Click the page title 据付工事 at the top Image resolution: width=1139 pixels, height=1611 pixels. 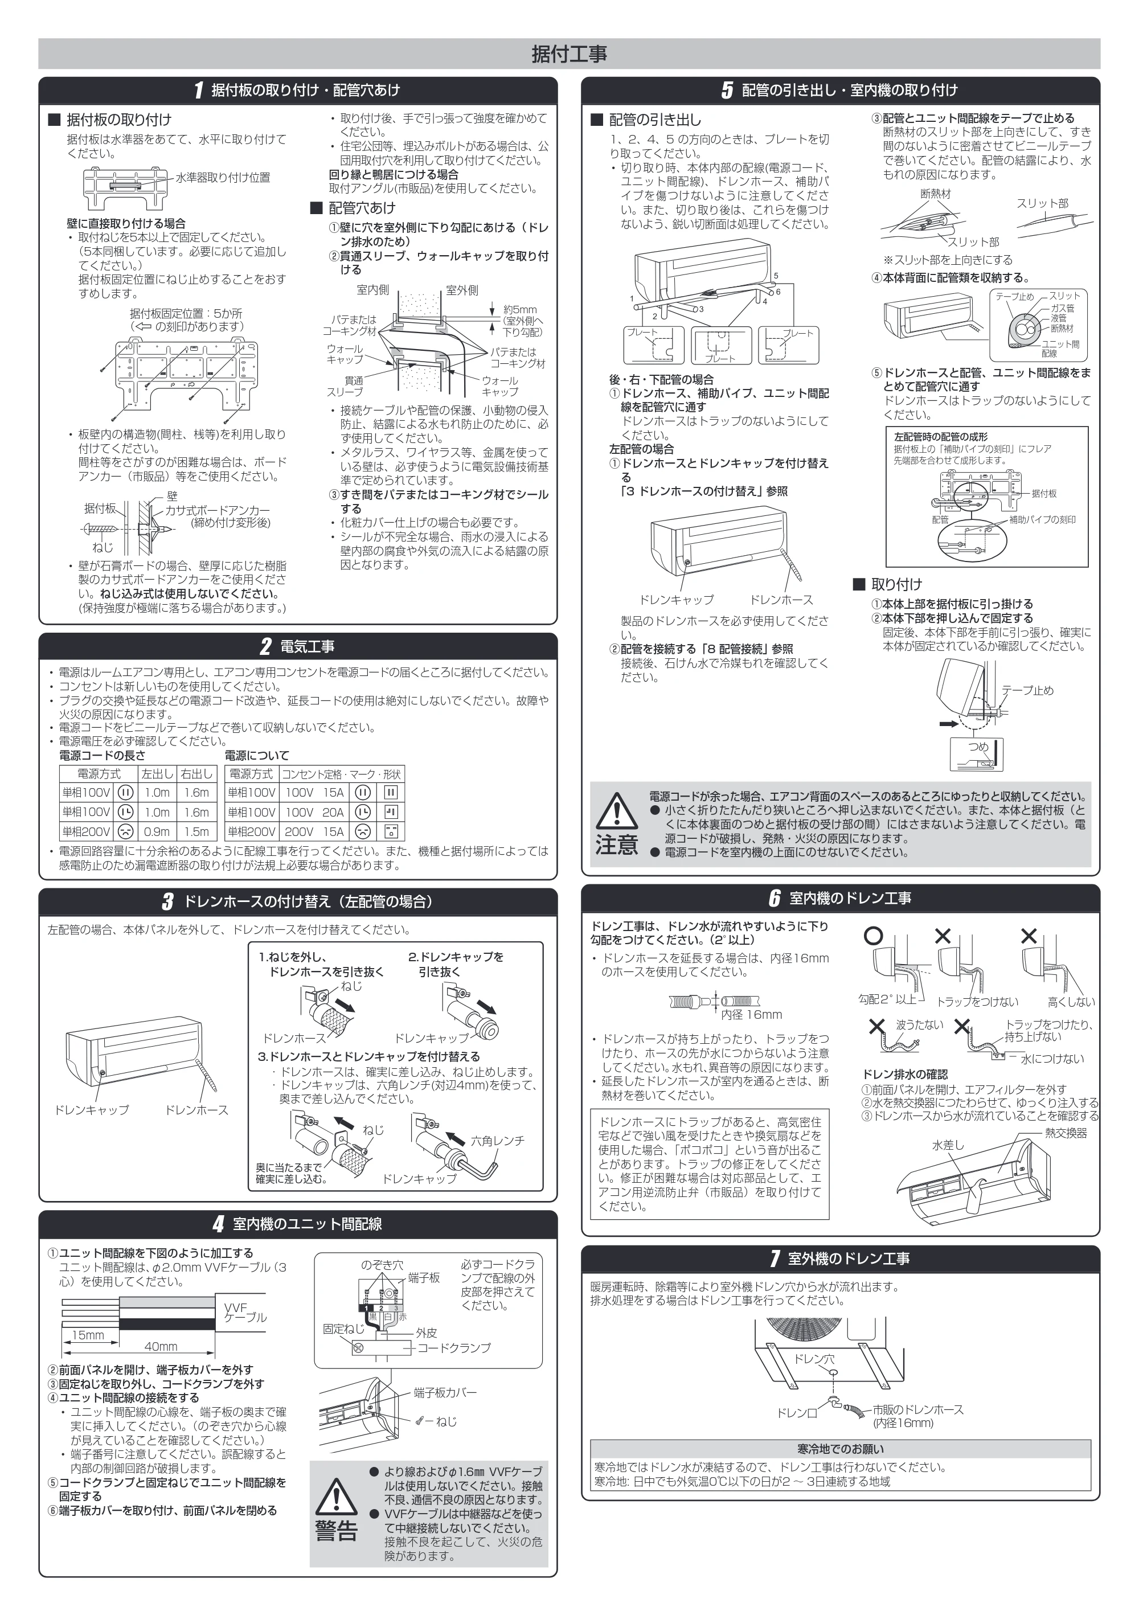[x=569, y=54]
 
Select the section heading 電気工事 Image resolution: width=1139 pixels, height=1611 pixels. [x=308, y=646]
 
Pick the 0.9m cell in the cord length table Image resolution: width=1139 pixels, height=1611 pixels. [x=157, y=831]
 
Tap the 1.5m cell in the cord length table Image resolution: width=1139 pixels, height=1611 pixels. [x=196, y=831]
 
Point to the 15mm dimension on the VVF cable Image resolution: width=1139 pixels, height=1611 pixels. [x=88, y=1335]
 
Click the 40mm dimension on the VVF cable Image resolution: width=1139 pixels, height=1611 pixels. [x=161, y=1346]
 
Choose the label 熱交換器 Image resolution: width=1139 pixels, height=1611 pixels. [x=1066, y=1133]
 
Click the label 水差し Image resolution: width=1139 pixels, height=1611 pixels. [x=948, y=1145]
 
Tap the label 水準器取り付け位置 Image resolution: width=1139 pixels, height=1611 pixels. [x=223, y=178]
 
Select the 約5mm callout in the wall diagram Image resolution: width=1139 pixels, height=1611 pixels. [x=520, y=309]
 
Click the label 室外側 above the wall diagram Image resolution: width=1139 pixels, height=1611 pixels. [x=462, y=290]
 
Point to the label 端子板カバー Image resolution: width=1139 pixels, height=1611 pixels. [x=445, y=1392]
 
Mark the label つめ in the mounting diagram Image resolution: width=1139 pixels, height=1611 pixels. [x=978, y=747]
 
